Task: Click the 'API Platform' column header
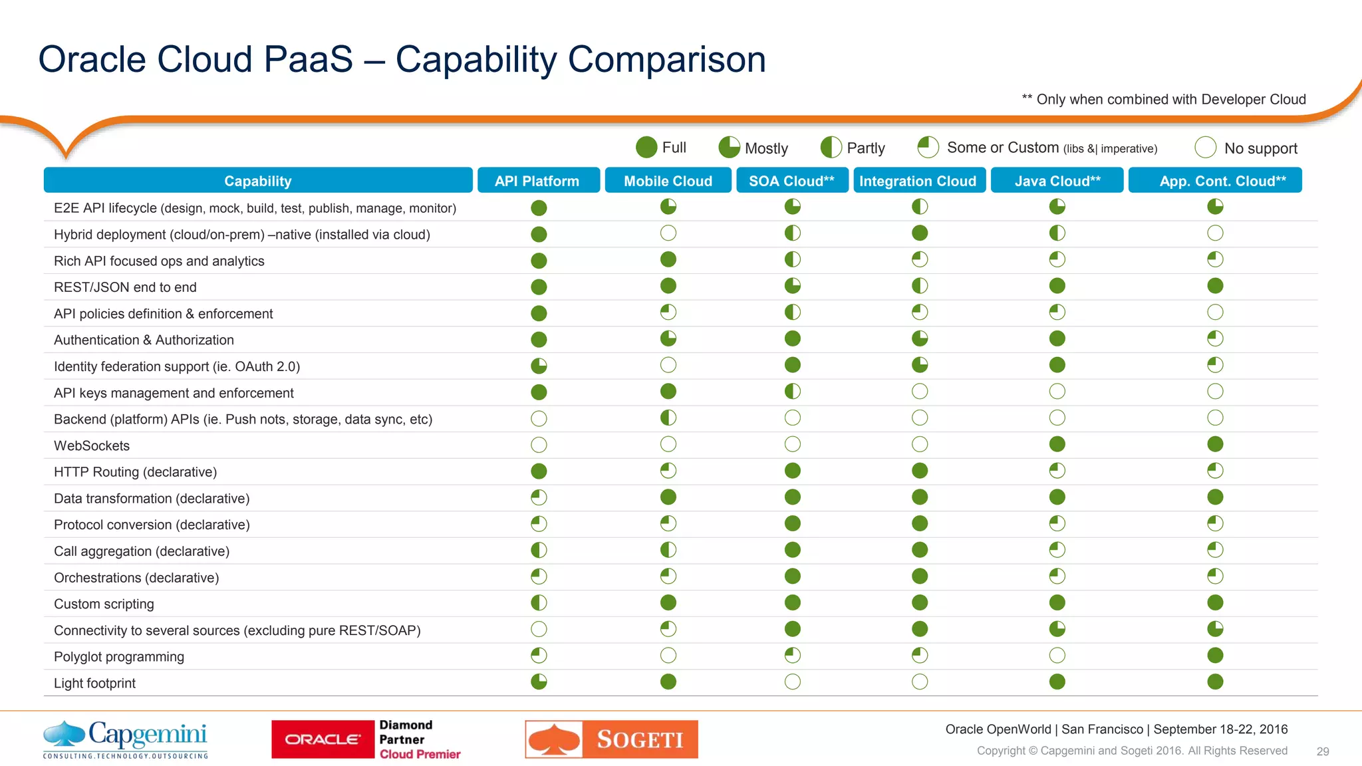[x=537, y=181]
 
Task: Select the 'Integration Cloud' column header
[x=918, y=181]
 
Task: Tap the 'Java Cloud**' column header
[x=1057, y=181]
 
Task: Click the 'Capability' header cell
[x=258, y=181]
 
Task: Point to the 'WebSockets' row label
[x=92, y=446]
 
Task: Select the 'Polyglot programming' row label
[x=119, y=657]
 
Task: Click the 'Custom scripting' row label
[x=104, y=604]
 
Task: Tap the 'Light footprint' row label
[x=94, y=684]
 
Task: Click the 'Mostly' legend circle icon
[x=730, y=148]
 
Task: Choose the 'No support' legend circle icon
[x=1206, y=148]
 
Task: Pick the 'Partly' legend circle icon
[x=831, y=148]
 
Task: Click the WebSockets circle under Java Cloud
[x=1057, y=444]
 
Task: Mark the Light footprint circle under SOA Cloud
[x=792, y=682]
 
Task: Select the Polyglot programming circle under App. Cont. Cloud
[x=1215, y=656]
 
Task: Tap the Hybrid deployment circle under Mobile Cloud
[x=668, y=233]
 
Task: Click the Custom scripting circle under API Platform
[x=539, y=603]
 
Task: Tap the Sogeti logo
[x=611, y=739]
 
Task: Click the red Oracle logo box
[x=323, y=739]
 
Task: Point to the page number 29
[x=1323, y=751]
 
